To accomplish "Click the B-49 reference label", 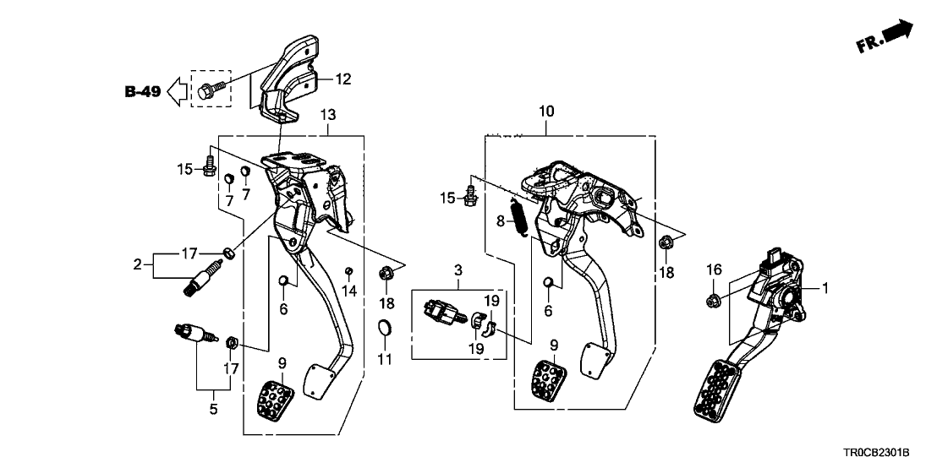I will coord(142,91).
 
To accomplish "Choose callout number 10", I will coord(545,111).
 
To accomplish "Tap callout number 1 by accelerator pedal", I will coord(825,288).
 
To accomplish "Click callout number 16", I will coord(714,269).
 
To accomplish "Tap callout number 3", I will coord(458,270).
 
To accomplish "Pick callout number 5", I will coord(213,410).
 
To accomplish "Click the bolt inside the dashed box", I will coord(209,88).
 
